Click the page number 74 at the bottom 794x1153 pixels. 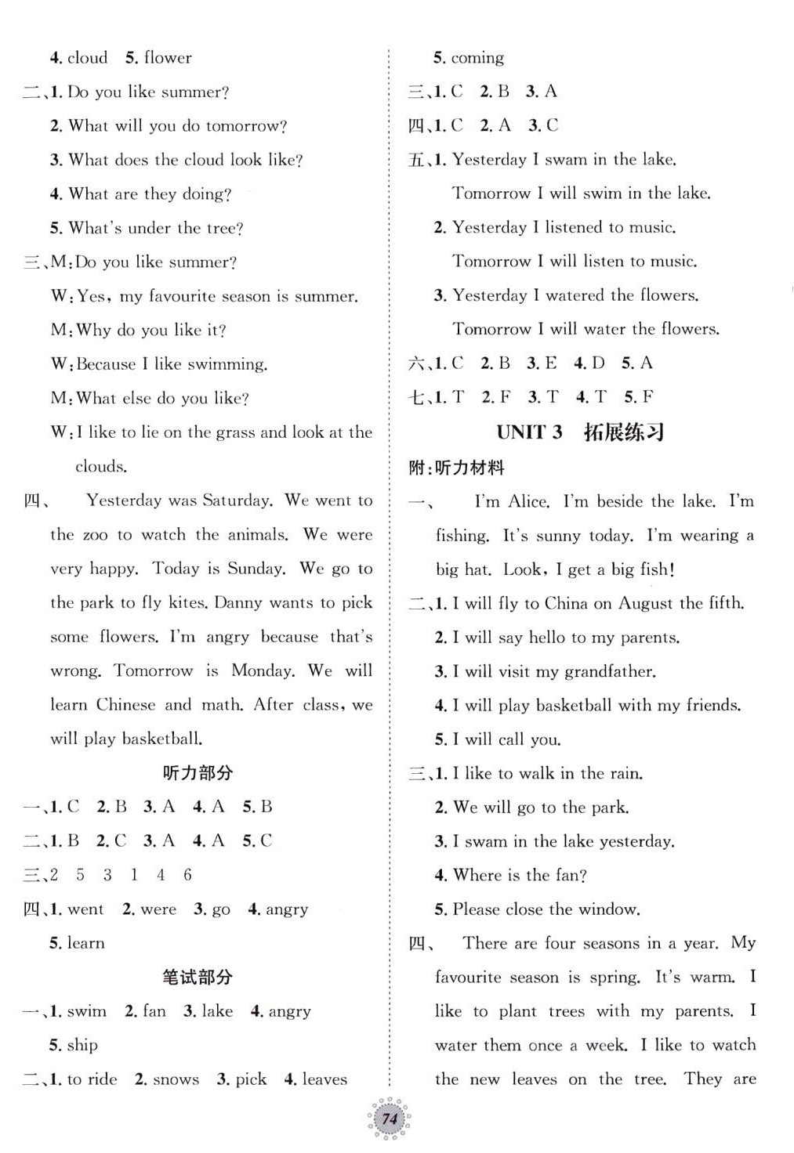[390, 1121]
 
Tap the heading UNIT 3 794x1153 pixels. [529, 432]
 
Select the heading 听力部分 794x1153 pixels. [198, 773]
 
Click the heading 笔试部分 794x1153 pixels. [198, 977]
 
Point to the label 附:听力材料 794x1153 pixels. [457, 468]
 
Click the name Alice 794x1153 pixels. [528, 501]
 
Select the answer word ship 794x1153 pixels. [82, 1045]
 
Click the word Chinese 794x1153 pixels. [125, 705]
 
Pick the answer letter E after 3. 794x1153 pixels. [551, 363]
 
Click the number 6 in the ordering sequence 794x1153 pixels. [187, 875]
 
